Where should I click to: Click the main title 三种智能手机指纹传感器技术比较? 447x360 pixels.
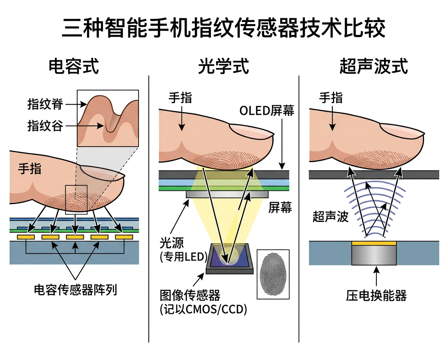[223, 28]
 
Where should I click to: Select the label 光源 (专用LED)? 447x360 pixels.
[183, 250]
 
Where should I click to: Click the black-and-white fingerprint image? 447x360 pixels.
[273, 274]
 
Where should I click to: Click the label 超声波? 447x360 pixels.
[331, 216]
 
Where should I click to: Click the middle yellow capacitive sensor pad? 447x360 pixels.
[75, 236]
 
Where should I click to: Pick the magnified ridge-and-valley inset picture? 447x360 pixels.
[108, 118]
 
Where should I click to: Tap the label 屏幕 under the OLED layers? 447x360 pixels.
[280, 208]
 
